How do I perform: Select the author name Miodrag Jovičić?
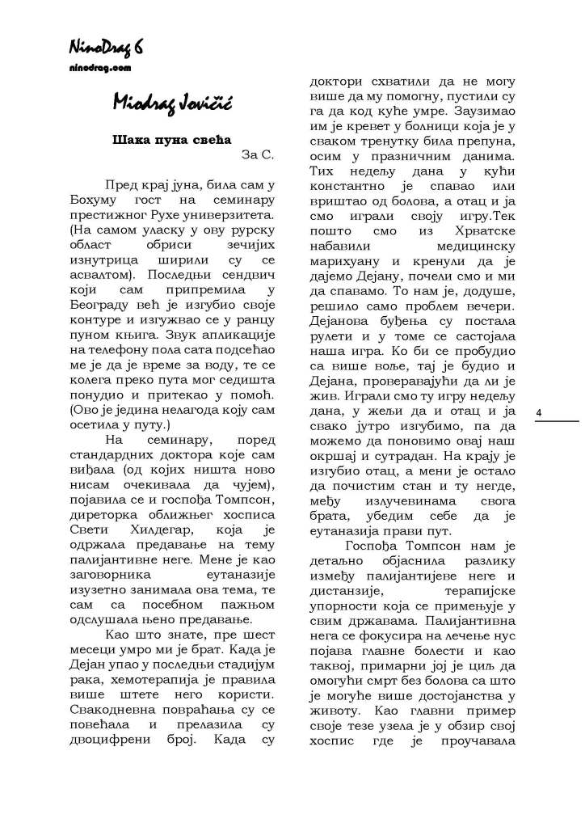pos(162,103)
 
